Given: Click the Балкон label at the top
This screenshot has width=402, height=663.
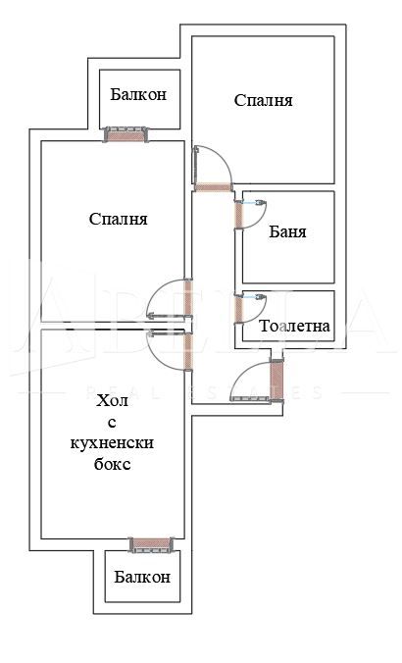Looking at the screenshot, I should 138,95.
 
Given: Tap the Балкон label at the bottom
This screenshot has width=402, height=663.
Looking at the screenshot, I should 140,578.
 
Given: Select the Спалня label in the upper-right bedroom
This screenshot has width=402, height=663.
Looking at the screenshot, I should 264,100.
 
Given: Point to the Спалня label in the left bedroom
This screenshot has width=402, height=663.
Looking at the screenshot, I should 118,220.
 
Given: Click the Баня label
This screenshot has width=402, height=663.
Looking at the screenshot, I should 287,232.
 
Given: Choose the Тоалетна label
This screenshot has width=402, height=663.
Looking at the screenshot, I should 295,327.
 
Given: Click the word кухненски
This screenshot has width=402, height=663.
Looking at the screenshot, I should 114,443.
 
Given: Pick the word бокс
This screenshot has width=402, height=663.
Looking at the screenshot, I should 114,464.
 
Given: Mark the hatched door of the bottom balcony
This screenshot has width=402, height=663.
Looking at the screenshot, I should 150,543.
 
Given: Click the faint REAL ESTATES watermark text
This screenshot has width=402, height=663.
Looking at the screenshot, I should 206,392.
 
